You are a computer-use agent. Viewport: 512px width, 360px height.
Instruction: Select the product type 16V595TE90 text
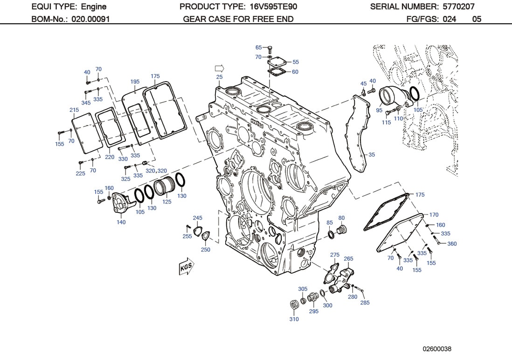pos(273,7)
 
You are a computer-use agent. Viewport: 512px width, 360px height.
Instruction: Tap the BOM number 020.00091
pos(90,19)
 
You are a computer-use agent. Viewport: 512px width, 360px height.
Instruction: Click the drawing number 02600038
pos(437,349)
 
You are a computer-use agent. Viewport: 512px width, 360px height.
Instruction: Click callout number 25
pos(219,77)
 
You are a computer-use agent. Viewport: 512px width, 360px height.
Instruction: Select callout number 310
pos(294,319)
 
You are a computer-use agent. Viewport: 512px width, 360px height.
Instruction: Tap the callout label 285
pos(365,303)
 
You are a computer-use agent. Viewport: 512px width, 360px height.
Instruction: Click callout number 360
pos(452,243)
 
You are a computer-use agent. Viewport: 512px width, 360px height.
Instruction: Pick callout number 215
pos(74,110)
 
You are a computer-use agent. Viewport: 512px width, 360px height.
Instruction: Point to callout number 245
pos(198,218)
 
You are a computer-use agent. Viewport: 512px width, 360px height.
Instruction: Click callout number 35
pos(372,154)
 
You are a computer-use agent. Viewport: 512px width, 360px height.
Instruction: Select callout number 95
pos(379,111)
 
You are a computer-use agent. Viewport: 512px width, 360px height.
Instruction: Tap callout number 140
pos(121,222)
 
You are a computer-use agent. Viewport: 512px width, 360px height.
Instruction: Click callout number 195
pos(135,82)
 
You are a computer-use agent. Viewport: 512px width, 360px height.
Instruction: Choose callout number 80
pos(341,218)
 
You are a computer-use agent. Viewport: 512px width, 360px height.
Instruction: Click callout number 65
pos(258,48)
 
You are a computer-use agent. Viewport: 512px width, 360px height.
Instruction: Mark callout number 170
pos(434,215)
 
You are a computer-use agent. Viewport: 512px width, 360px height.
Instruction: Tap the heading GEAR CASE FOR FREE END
pos(238,19)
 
